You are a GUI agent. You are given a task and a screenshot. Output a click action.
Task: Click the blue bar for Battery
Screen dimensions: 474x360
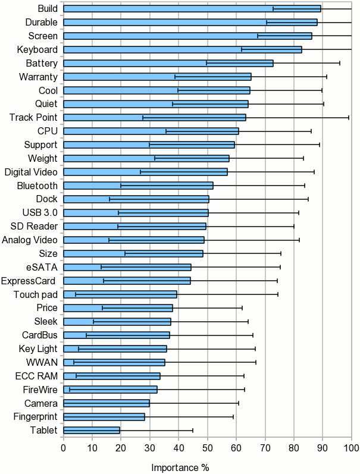coord(168,63)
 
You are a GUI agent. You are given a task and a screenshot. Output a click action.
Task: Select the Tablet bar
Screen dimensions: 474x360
coord(91,430)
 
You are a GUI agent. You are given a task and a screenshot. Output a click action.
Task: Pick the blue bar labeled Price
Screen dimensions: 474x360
coord(118,308)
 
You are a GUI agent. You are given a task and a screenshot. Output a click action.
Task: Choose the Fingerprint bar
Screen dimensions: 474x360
coord(104,416)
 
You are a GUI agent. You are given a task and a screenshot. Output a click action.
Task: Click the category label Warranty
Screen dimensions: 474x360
coord(38,77)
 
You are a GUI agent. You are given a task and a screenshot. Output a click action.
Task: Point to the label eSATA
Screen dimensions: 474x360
coord(42,267)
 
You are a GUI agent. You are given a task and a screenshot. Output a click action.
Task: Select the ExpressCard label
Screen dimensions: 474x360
coord(29,281)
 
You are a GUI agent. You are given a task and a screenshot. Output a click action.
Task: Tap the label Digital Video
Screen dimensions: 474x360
coord(31,172)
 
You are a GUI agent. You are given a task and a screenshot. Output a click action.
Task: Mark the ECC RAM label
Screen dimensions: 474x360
coord(36,376)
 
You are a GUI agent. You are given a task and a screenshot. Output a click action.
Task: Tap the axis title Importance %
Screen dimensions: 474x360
coord(180,467)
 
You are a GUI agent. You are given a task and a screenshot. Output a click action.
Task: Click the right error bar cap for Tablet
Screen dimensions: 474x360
coord(193,430)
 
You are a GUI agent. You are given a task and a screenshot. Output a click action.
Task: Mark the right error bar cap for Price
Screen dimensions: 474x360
coord(242,308)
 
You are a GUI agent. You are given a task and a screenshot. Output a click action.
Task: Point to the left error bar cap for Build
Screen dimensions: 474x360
coord(273,9)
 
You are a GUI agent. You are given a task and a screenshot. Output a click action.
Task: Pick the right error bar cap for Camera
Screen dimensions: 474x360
coord(239,403)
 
